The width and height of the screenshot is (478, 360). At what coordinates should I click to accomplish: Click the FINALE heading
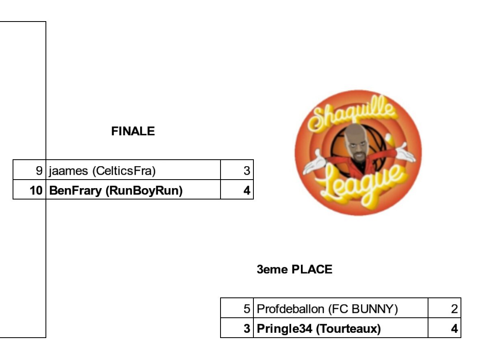point(133,131)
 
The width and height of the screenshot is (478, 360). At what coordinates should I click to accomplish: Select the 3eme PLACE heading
point(294,269)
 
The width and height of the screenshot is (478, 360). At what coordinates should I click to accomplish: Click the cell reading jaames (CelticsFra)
point(102,171)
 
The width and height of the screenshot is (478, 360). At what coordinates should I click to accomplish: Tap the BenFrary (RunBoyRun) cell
point(115,190)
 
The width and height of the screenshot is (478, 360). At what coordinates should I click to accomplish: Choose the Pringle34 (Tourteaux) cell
point(318,328)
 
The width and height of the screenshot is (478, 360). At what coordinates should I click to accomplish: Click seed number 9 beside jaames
point(39,171)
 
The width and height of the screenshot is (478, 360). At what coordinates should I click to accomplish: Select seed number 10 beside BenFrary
point(36,190)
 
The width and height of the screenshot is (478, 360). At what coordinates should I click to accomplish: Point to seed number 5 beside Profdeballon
point(247,309)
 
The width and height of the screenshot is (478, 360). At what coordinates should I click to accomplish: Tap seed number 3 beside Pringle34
point(247,328)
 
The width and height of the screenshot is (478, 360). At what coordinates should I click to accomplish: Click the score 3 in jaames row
point(247,171)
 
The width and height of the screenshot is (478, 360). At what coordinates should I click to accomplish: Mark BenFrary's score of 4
point(247,190)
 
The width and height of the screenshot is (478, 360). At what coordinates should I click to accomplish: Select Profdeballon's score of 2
point(454,309)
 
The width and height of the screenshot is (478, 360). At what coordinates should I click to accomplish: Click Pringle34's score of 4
point(454,328)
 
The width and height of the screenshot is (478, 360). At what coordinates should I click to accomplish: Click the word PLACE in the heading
point(312,269)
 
